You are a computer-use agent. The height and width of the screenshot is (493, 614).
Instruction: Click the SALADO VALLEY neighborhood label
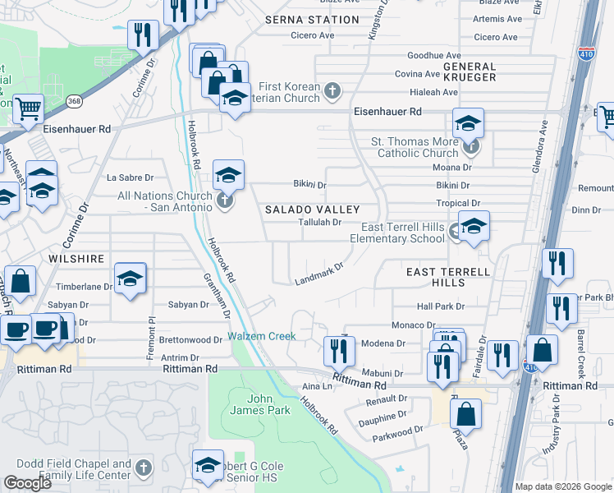[x=304, y=210]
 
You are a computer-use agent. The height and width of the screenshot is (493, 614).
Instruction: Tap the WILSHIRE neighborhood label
[x=76, y=259]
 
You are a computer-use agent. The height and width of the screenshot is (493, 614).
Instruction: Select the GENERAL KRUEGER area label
[x=470, y=71]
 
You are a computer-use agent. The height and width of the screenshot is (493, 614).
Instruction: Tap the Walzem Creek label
[x=262, y=336]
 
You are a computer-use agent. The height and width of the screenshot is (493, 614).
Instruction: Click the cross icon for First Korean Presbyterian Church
[x=332, y=90]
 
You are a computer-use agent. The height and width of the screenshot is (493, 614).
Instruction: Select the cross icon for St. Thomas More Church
[x=470, y=148]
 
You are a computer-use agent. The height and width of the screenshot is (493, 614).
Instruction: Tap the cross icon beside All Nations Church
[x=224, y=199]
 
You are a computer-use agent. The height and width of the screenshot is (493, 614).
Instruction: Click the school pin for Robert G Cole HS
[x=208, y=465]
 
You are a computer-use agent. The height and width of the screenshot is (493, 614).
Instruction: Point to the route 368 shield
[x=75, y=100]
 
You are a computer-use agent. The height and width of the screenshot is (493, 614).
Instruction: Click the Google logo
[x=27, y=483]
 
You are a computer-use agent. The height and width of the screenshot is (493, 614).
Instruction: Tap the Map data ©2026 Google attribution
[x=563, y=486]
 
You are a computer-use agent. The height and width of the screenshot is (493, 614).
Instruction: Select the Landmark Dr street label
[x=318, y=275]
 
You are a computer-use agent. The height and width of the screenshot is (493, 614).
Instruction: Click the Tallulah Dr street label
[x=318, y=222]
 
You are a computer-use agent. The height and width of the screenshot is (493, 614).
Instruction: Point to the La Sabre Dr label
[x=131, y=177]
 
